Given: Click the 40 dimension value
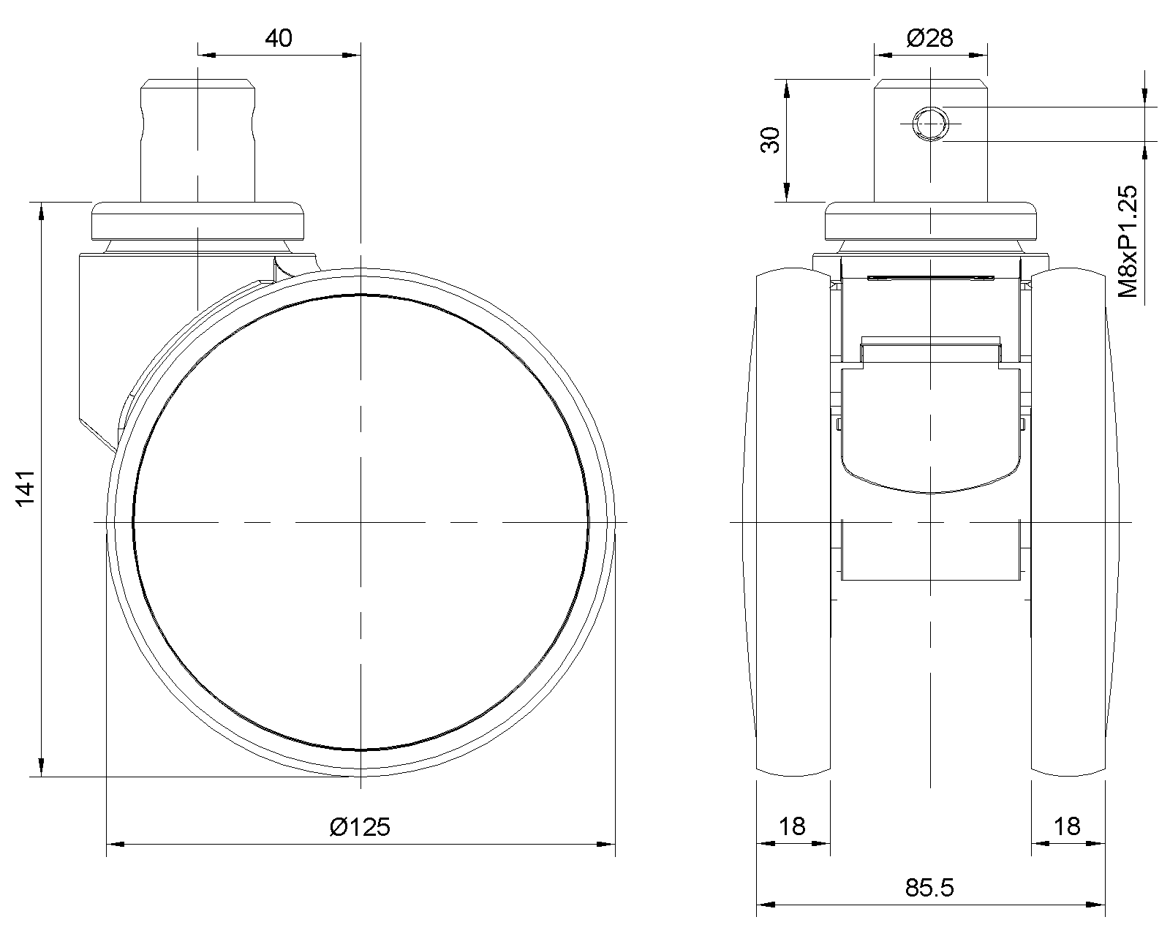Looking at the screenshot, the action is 279,38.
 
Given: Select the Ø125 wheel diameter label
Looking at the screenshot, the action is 360,827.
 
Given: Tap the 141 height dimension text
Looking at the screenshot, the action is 26,488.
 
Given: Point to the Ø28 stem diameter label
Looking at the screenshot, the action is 929,38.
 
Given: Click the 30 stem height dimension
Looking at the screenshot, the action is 771,140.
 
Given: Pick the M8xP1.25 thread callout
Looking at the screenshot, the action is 1128,241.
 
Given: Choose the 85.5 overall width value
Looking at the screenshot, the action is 929,888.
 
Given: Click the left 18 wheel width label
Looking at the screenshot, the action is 792,827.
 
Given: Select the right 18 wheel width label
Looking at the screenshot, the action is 1067,827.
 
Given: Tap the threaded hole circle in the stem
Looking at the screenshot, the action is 931,124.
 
